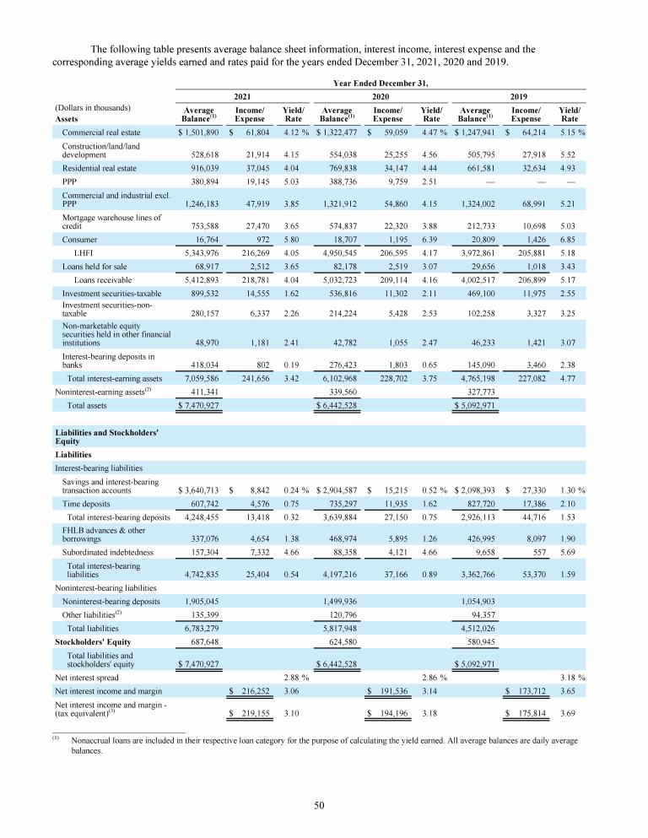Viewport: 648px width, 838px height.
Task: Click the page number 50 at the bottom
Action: click(320, 806)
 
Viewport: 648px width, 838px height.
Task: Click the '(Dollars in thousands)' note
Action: click(93, 108)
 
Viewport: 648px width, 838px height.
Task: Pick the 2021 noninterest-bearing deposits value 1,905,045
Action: click(199, 600)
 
